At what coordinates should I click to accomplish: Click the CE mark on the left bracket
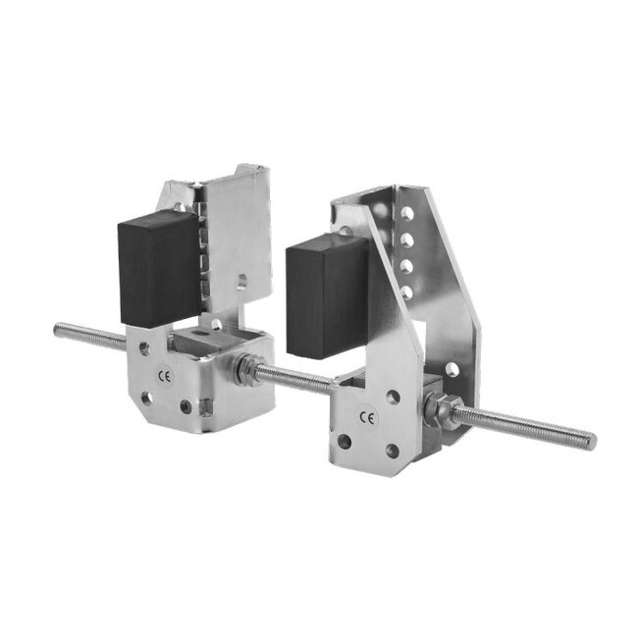(165, 377)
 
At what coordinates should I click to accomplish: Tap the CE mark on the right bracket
(369, 417)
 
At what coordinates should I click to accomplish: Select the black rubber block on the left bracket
(159, 269)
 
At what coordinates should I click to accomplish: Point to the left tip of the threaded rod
(56, 328)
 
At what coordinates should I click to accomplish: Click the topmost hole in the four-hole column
(407, 214)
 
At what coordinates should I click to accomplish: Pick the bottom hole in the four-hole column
(406, 292)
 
